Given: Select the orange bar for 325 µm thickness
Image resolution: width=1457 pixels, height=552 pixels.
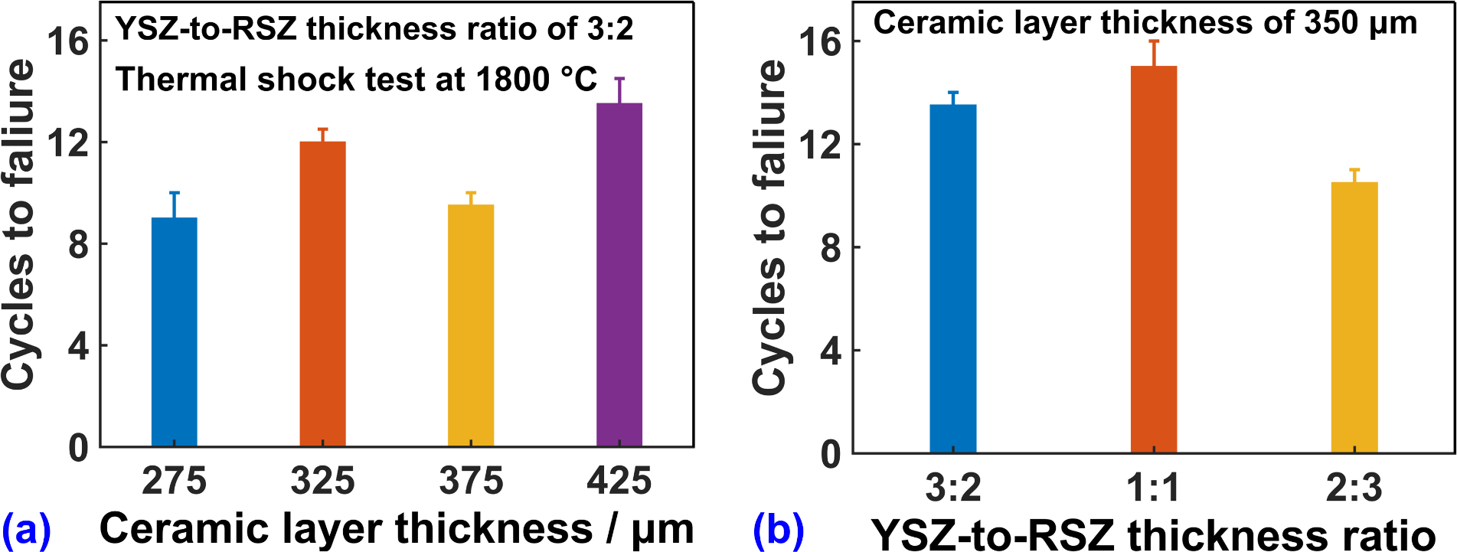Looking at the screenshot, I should click(322, 294).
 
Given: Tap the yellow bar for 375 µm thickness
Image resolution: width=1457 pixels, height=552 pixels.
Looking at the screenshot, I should click(471, 325).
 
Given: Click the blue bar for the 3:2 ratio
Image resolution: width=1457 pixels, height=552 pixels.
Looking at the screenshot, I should click(953, 279).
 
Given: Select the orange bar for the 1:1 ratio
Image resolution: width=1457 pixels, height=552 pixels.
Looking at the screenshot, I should click(1154, 260).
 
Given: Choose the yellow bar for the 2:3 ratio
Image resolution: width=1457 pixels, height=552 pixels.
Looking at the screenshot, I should click(1354, 317).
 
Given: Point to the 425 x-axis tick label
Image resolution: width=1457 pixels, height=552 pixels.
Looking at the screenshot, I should click(619, 482).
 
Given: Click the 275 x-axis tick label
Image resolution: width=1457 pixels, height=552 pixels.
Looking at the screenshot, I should click(175, 482).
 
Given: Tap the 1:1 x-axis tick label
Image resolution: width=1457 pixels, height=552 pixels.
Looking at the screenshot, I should click(1154, 488).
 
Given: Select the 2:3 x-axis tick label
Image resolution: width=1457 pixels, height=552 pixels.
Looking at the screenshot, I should click(1354, 488).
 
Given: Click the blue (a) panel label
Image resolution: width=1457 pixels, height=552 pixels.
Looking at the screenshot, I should click(26, 528).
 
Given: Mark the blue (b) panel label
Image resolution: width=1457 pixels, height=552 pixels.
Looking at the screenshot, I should click(779, 530).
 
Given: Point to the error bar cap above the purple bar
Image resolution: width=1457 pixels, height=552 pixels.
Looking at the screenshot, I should click(619, 79).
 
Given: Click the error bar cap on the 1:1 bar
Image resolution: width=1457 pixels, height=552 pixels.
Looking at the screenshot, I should click(1154, 41).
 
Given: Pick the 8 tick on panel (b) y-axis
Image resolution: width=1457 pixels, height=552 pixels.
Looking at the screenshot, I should click(830, 248).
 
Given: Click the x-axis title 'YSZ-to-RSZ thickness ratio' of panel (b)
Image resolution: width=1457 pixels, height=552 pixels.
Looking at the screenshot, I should click(1154, 534).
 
